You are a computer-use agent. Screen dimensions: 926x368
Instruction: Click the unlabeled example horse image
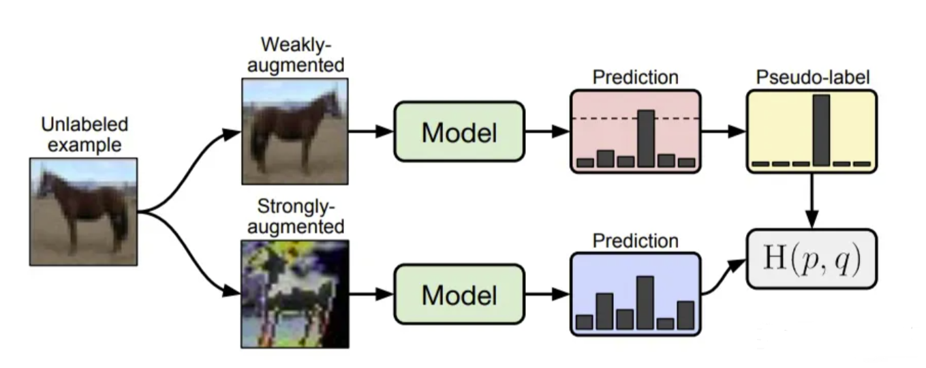pos(84,212)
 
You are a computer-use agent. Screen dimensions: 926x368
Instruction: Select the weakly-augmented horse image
pos(295,131)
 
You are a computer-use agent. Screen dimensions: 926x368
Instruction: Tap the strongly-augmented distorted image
pos(295,294)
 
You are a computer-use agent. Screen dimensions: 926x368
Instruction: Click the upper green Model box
pos(459,132)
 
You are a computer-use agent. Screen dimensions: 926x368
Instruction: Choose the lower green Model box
pos(459,294)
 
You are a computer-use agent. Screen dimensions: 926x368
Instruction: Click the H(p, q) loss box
pos(812,259)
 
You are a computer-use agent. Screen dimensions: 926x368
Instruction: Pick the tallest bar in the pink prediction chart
pos(646,138)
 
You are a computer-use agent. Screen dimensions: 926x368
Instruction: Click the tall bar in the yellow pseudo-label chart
pos(822,130)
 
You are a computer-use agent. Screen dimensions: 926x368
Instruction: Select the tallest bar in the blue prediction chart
pos(645,303)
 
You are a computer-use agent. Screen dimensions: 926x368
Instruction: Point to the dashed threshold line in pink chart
pos(636,119)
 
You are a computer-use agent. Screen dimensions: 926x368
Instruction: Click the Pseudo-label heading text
pos(813,77)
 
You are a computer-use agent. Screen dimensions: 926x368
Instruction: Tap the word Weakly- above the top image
pos(296,45)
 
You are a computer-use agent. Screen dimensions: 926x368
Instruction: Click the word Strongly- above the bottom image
pos(296,206)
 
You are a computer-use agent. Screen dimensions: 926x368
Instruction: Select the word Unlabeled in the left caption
pos(84,125)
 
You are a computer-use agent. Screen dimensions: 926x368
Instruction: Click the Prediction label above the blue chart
pos(635,241)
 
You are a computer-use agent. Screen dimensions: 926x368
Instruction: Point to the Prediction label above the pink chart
pos(635,77)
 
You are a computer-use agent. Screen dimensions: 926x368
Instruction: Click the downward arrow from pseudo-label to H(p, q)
pos(812,200)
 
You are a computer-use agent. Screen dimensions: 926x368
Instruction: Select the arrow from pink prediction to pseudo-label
pos(724,132)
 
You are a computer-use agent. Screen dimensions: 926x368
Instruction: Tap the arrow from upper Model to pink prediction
pos(548,132)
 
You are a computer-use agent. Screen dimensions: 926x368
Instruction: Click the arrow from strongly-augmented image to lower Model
pos(371,294)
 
